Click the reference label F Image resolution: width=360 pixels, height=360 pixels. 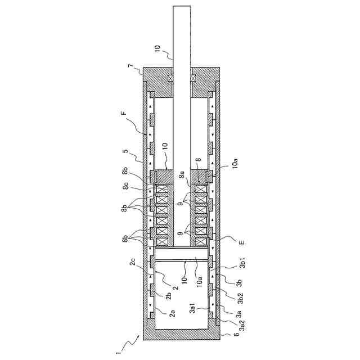click(124, 114)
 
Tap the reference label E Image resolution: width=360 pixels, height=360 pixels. click(242, 242)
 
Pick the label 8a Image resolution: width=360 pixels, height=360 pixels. click(182, 176)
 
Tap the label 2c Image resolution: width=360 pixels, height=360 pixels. click(132, 262)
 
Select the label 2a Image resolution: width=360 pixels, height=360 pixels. click(172, 313)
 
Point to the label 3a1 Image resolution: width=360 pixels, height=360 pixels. click(192, 308)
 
